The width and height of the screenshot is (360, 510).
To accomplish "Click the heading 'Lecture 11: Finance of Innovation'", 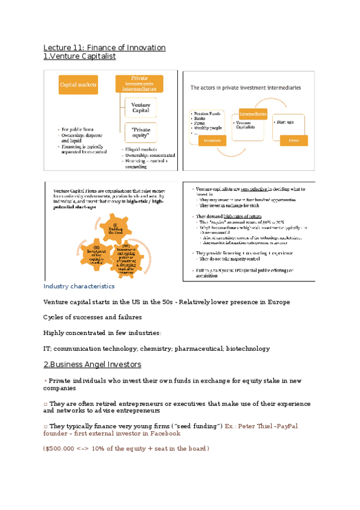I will point(104,48).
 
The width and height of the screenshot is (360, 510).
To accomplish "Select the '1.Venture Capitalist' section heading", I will point(79,57).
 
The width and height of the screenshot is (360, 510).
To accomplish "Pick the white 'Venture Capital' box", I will point(140,108).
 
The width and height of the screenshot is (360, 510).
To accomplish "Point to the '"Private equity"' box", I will point(140,132).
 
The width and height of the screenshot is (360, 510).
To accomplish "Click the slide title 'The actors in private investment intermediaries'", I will point(246,87).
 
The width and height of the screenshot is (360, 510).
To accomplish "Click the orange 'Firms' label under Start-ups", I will point(293,141).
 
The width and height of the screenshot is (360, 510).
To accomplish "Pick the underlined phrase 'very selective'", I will point(249,189).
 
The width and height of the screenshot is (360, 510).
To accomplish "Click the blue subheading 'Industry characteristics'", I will point(79,286).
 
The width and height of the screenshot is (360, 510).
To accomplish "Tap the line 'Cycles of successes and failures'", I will point(93,317).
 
